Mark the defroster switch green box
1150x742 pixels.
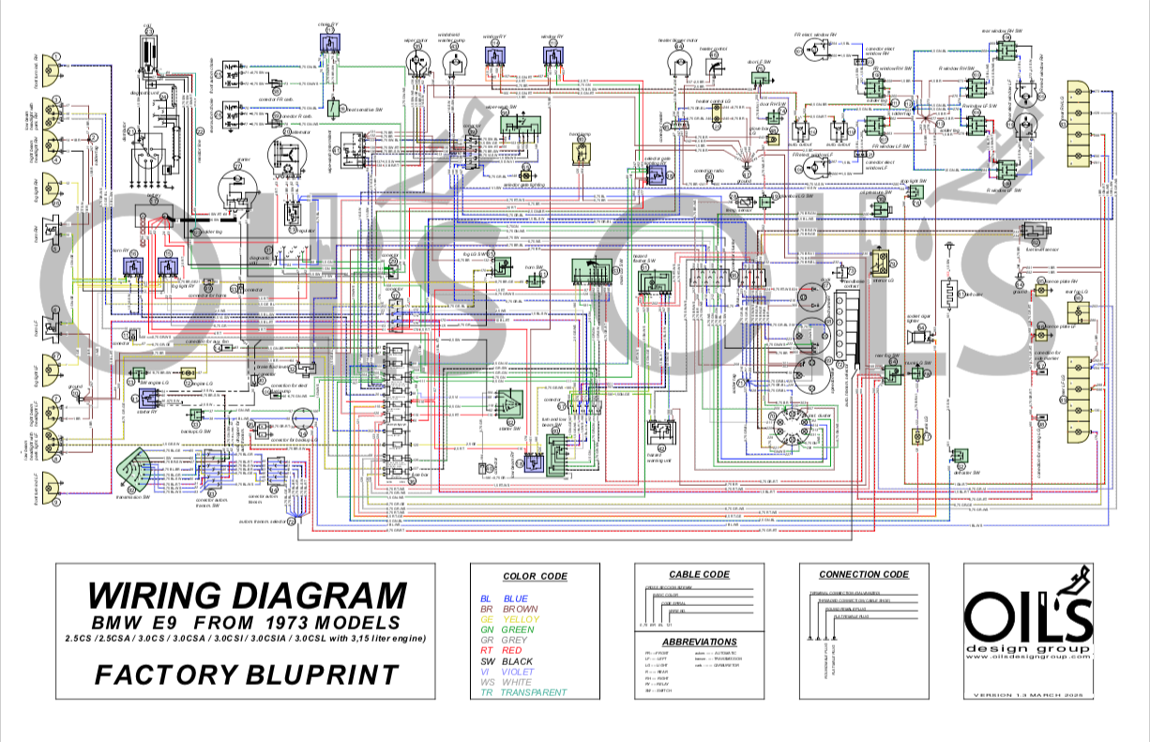coord(958,458)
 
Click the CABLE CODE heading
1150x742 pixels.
coord(699,574)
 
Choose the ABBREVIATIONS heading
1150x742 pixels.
coord(699,641)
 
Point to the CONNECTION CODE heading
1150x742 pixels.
coord(863,574)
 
